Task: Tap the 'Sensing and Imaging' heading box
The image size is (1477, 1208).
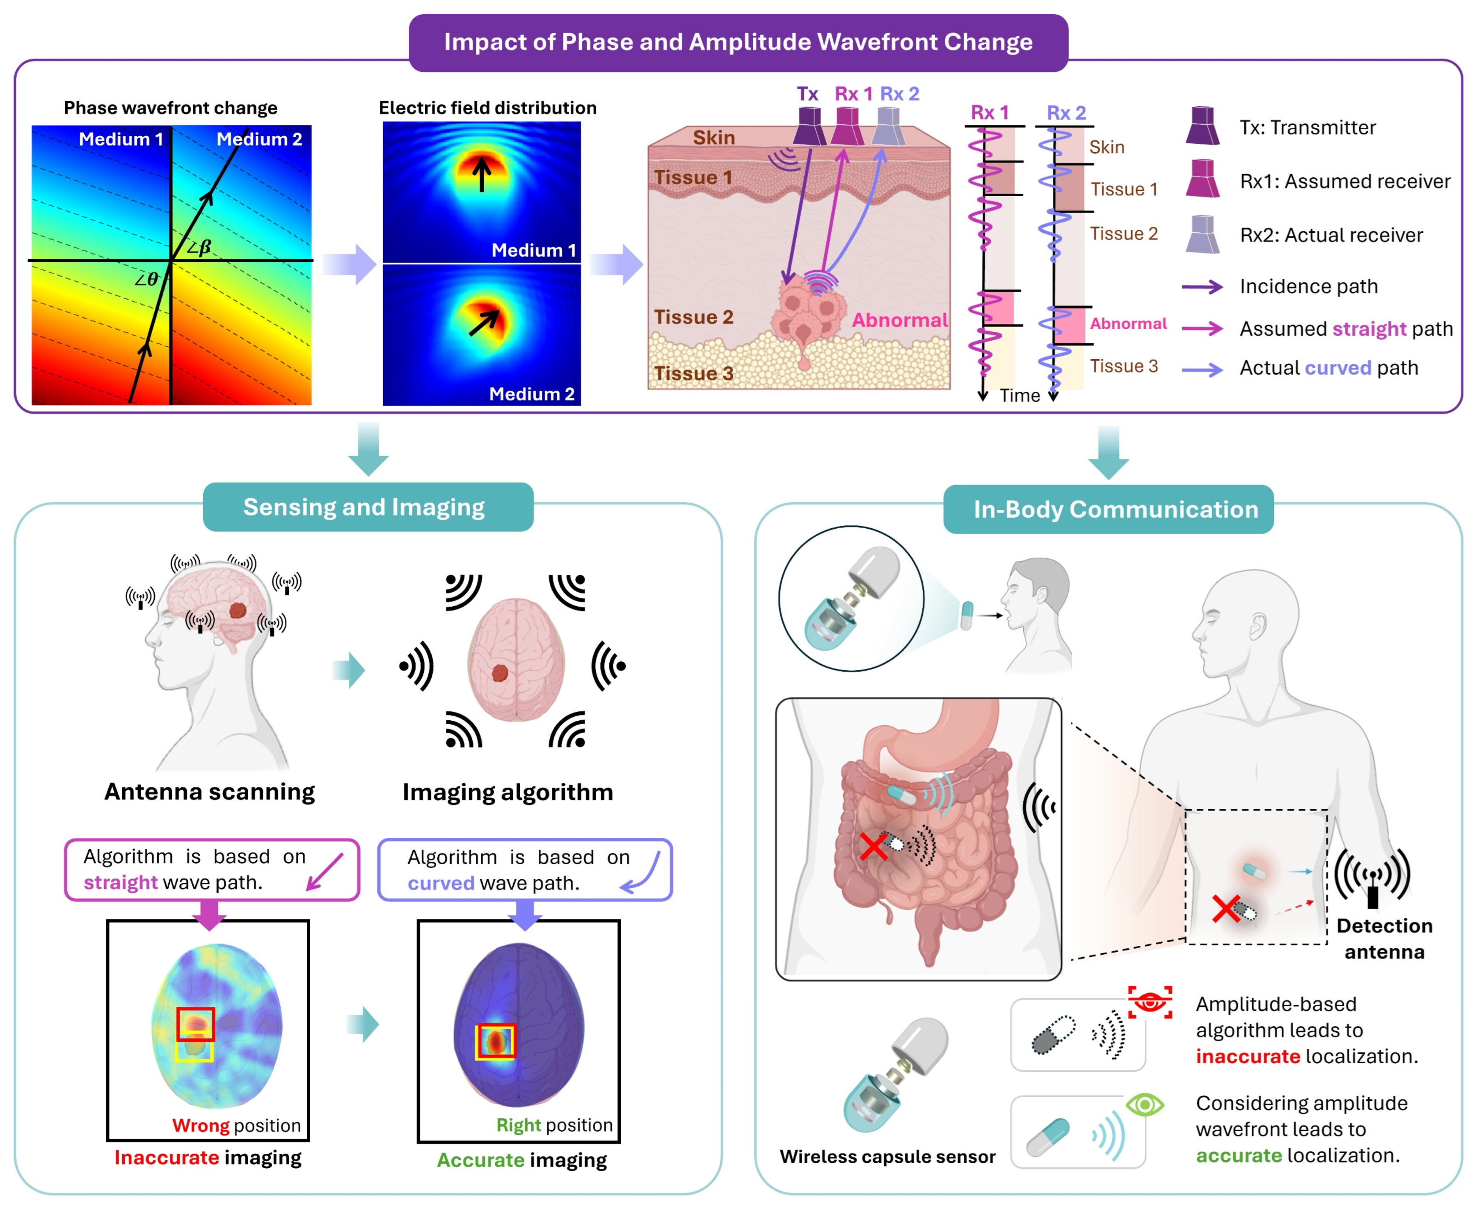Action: (368, 507)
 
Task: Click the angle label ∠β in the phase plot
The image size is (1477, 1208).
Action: (199, 247)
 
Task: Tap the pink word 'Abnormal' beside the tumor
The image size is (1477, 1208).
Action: (900, 320)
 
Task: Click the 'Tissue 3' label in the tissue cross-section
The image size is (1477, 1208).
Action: (693, 374)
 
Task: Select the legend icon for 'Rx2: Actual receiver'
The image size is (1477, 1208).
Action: (1203, 234)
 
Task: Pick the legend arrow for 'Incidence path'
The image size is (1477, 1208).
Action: (1203, 287)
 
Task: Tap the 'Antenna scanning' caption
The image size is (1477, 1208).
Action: (209, 792)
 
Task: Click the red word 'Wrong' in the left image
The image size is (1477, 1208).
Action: (200, 1125)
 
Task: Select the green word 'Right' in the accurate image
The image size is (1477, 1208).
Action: (518, 1125)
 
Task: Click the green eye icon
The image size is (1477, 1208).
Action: (1145, 1104)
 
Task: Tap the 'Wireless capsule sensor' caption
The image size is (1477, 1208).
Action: (887, 1157)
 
